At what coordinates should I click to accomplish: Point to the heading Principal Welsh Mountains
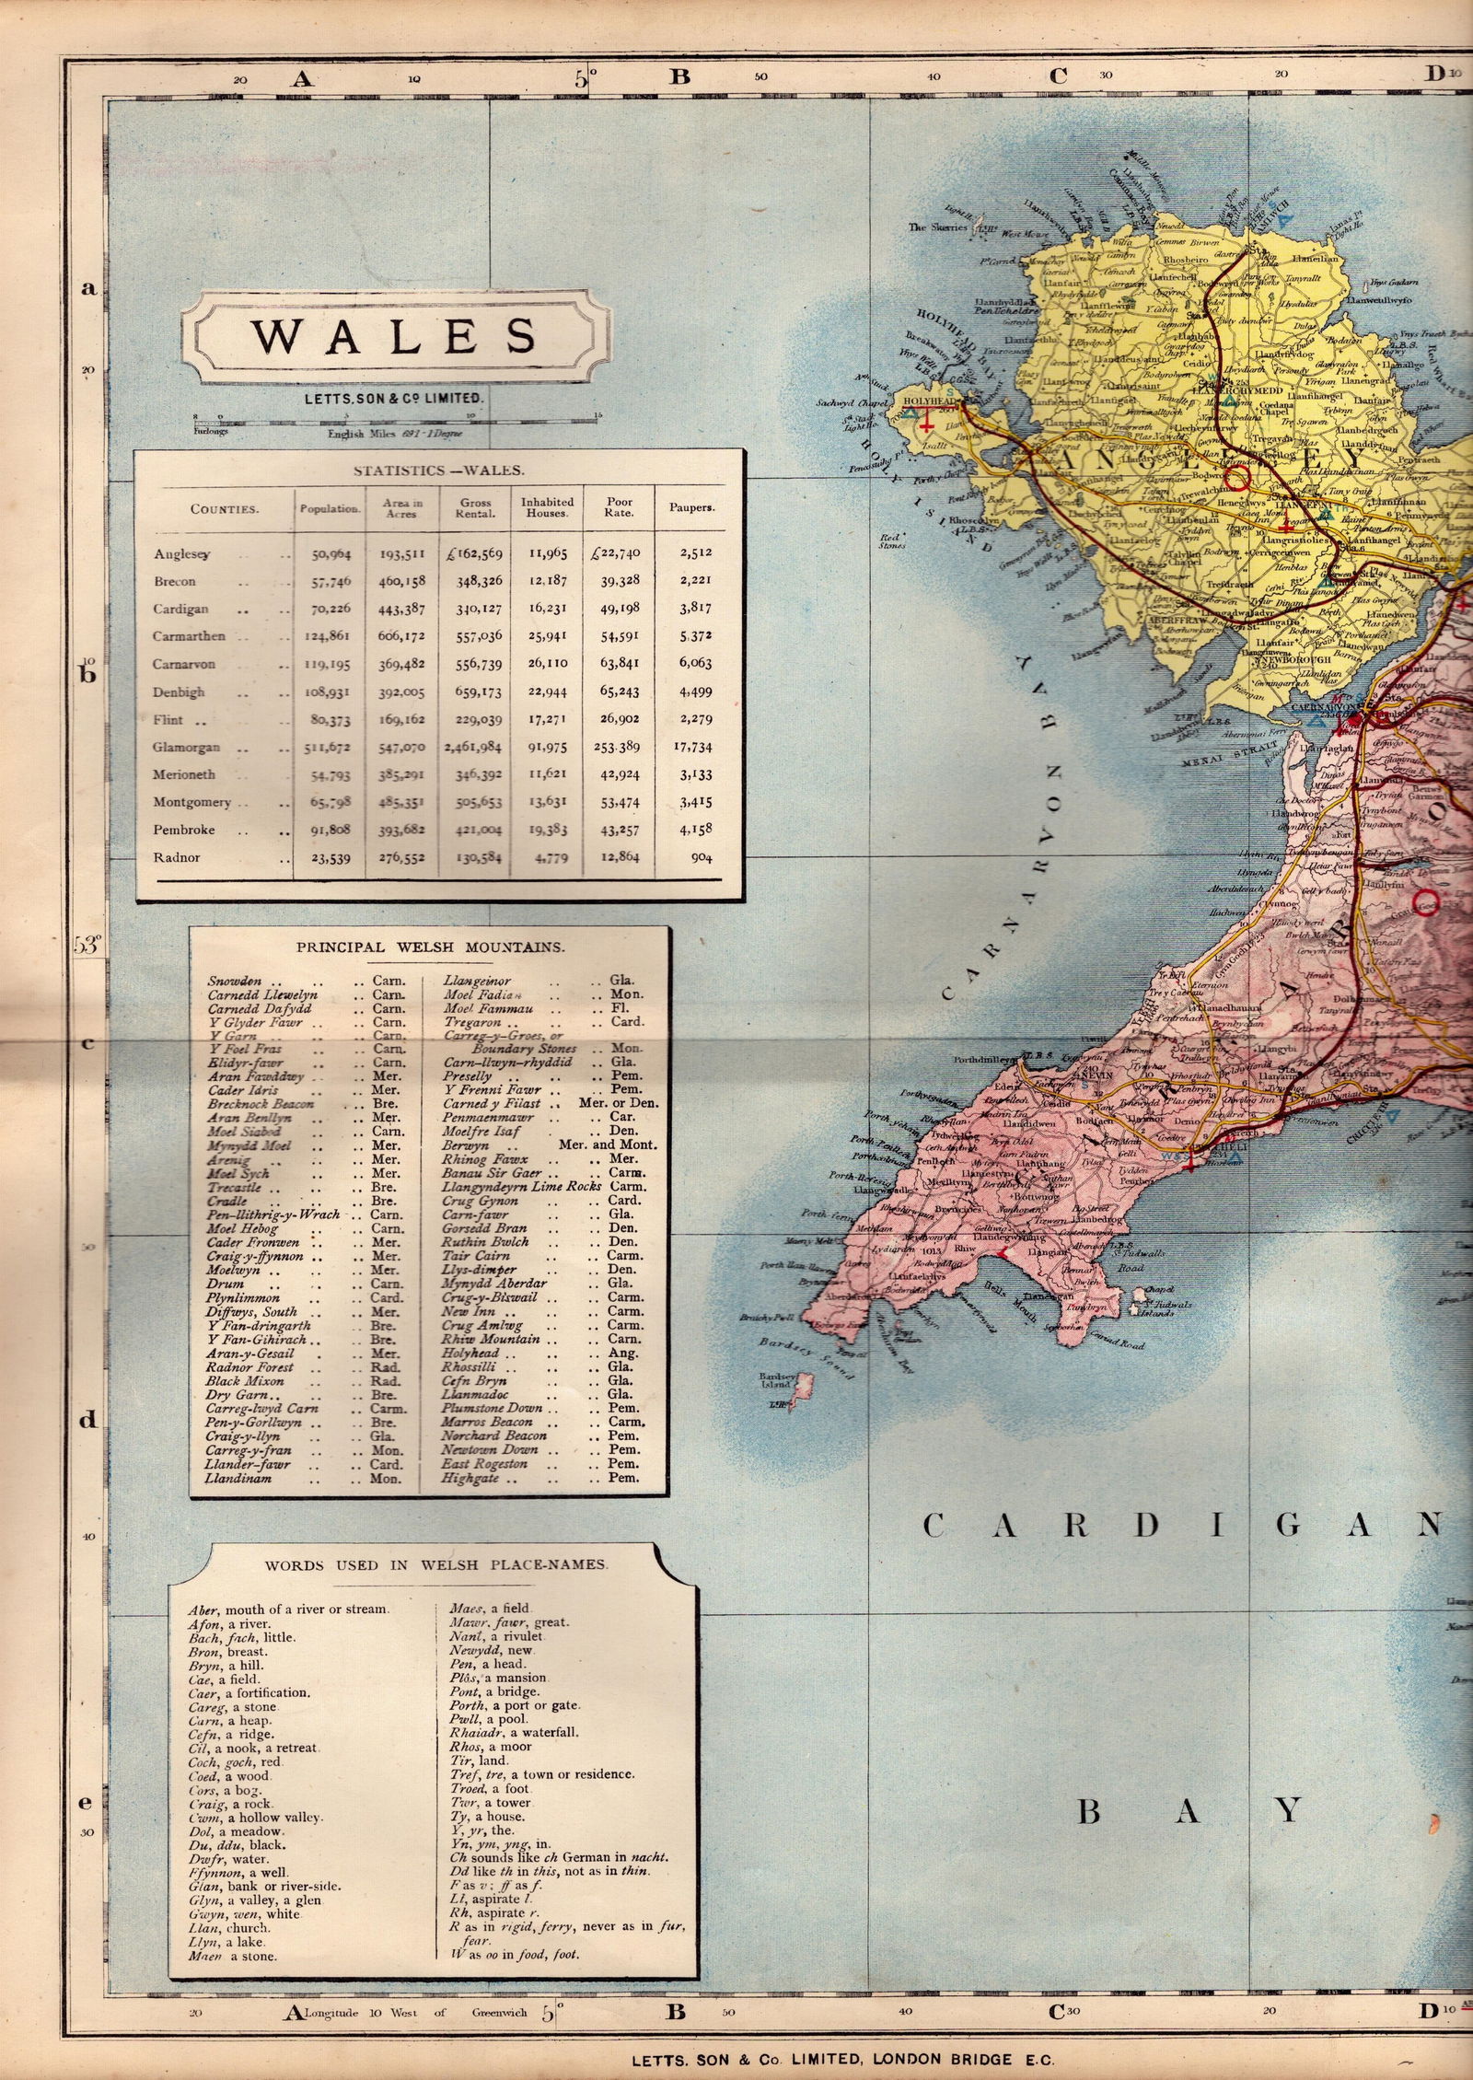430,946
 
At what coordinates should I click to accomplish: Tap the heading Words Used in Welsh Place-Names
435,1564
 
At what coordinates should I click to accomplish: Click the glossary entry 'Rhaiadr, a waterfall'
513,1732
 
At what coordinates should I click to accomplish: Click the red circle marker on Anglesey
1239,476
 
